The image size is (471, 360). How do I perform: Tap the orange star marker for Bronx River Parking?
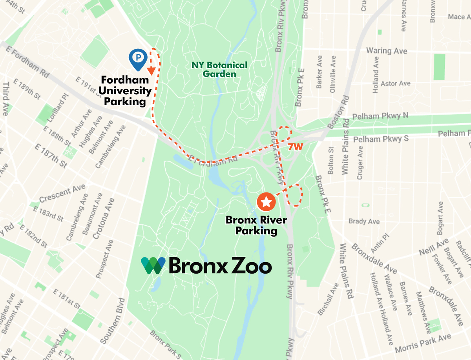point(266,202)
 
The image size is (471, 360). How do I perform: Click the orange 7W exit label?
point(296,148)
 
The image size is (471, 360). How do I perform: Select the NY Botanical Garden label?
point(219,69)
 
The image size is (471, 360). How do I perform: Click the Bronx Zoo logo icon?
point(153,266)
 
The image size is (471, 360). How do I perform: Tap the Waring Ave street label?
point(387,51)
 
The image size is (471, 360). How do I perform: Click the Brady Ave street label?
point(364,221)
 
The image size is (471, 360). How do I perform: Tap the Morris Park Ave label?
point(423,344)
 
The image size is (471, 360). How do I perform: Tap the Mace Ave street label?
point(459,17)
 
